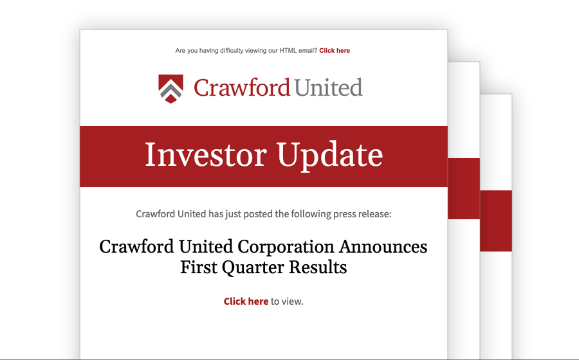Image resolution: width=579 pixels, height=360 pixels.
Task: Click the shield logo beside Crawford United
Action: click(x=170, y=89)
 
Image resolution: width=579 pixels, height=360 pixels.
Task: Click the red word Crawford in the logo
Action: click(x=242, y=88)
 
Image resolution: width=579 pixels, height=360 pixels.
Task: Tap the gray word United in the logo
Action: click(x=328, y=87)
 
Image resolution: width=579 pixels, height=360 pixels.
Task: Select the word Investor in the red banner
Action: click(x=206, y=154)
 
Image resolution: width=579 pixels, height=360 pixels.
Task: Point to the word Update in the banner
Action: click(x=329, y=156)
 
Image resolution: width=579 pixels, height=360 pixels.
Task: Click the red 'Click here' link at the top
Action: click(x=335, y=51)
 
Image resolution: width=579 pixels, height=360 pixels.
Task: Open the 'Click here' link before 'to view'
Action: click(x=246, y=301)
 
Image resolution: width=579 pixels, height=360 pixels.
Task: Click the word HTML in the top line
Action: click(x=288, y=51)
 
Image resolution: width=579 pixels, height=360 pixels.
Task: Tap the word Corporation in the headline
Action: click(x=286, y=247)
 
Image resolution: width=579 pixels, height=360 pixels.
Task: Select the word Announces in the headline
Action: click(x=383, y=246)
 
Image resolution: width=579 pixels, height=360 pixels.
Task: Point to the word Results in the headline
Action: click(x=318, y=267)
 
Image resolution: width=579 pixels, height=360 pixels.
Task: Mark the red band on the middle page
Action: click(x=464, y=188)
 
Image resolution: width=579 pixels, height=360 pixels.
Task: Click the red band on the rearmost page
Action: click(x=496, y=221)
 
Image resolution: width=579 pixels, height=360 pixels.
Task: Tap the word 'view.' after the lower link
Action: click(x=292, y=301)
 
